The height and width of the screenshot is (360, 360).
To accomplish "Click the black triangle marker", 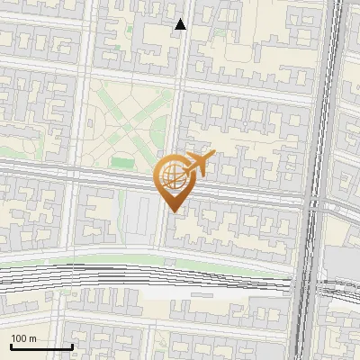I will [x=181, y=24].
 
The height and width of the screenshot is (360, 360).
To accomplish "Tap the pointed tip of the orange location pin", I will [x=172, y=211].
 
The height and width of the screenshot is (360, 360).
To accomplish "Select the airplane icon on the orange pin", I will [x=199, y=163].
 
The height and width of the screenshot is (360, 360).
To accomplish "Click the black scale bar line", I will [x=41, y=346].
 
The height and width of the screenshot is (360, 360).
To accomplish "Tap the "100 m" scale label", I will [x=24, y=338].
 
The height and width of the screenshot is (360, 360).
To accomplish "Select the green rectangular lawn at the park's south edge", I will [x=122, y=163].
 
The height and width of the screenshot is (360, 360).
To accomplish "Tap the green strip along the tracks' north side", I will [x=180, y=263].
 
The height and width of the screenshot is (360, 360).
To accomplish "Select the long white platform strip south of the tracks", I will [x=216, y=292].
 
